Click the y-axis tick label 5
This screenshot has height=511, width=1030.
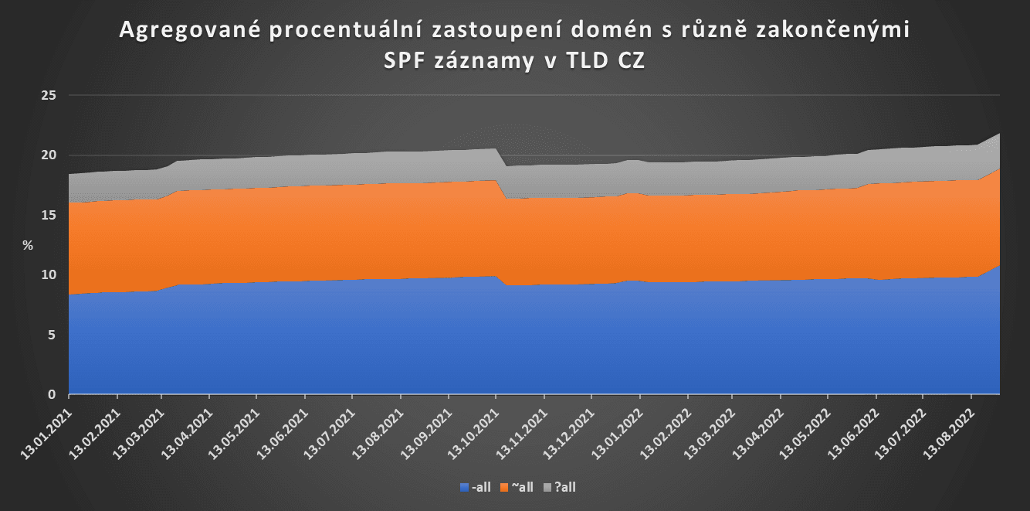coord(53,335)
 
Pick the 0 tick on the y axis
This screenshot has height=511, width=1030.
coord(53,394)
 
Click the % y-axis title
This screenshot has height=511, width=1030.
coord(28,245)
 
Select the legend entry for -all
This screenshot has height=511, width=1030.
coord(476,487)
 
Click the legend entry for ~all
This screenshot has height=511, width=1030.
coord(517,487)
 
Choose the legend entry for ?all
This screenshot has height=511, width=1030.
coord(560,487)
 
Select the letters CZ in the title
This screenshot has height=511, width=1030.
coord(630,62)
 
